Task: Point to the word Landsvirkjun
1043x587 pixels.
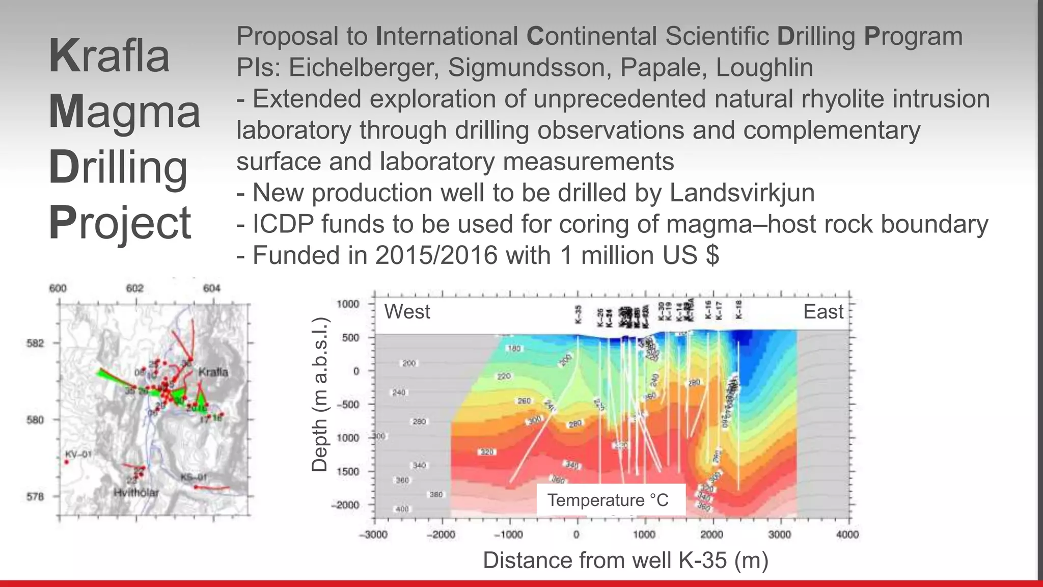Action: (742, 193)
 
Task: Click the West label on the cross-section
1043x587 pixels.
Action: (407, 311)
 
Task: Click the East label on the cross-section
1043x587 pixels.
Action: (823, 311)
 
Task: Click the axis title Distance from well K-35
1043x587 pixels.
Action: (625, 560)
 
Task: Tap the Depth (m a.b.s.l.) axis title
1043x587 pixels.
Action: (319, 394)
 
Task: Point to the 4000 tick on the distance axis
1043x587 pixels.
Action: (847, 535)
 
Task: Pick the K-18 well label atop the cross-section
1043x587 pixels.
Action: (739, 309)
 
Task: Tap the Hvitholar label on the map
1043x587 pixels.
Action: (136, 493)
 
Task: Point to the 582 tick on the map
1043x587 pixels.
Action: (35, 343)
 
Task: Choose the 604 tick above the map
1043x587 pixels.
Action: (212, 288)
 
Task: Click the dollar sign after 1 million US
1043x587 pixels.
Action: (712, 255)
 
